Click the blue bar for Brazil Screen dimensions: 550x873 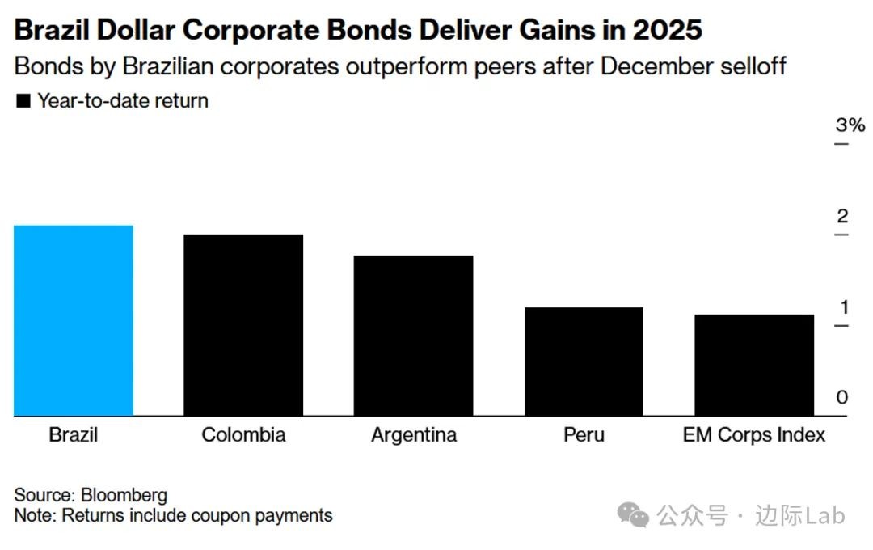point(74,320)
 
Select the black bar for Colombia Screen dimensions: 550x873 point(243,325)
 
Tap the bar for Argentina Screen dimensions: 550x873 point(413,336)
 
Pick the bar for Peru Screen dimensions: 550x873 point(584,362)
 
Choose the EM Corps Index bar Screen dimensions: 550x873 point(754,365)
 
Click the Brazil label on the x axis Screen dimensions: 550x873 point(74,434)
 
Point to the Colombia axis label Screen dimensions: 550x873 point(243,434)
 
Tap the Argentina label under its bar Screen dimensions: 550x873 point(414,434)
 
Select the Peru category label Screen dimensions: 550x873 point(584,434)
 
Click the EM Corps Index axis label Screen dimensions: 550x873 point(754,434)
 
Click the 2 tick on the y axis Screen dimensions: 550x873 point(842,217)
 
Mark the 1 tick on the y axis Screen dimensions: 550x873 point(842,307)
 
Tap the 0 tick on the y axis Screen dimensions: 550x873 point(842,398)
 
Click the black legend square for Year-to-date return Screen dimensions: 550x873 point(23,101)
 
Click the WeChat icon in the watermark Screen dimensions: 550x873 point(633,514)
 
